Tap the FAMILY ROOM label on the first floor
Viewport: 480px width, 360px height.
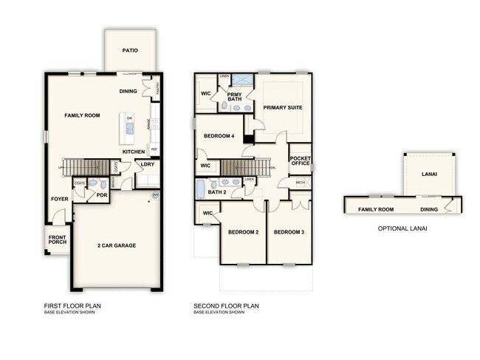coord(82,115)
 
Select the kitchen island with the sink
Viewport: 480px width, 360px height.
coord(129,129)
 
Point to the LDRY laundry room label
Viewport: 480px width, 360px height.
coord(148,164)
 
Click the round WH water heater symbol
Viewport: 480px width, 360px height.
coord(155,195)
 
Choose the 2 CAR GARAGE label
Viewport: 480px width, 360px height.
coord(117,245)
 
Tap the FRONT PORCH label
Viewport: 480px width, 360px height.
coord(58,241)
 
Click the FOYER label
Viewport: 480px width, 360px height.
coord(59,199)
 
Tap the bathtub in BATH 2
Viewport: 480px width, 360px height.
coord(201,189)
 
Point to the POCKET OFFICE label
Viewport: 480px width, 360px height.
coord(301,161)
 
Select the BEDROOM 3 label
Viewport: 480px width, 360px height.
coord(288,232)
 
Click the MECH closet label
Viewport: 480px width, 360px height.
coord(301,183)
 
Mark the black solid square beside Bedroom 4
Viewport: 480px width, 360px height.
coord(249,137)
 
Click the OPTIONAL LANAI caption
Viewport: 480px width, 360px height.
coord(402,228)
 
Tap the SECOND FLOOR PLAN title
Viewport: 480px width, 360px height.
coord(226,305)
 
